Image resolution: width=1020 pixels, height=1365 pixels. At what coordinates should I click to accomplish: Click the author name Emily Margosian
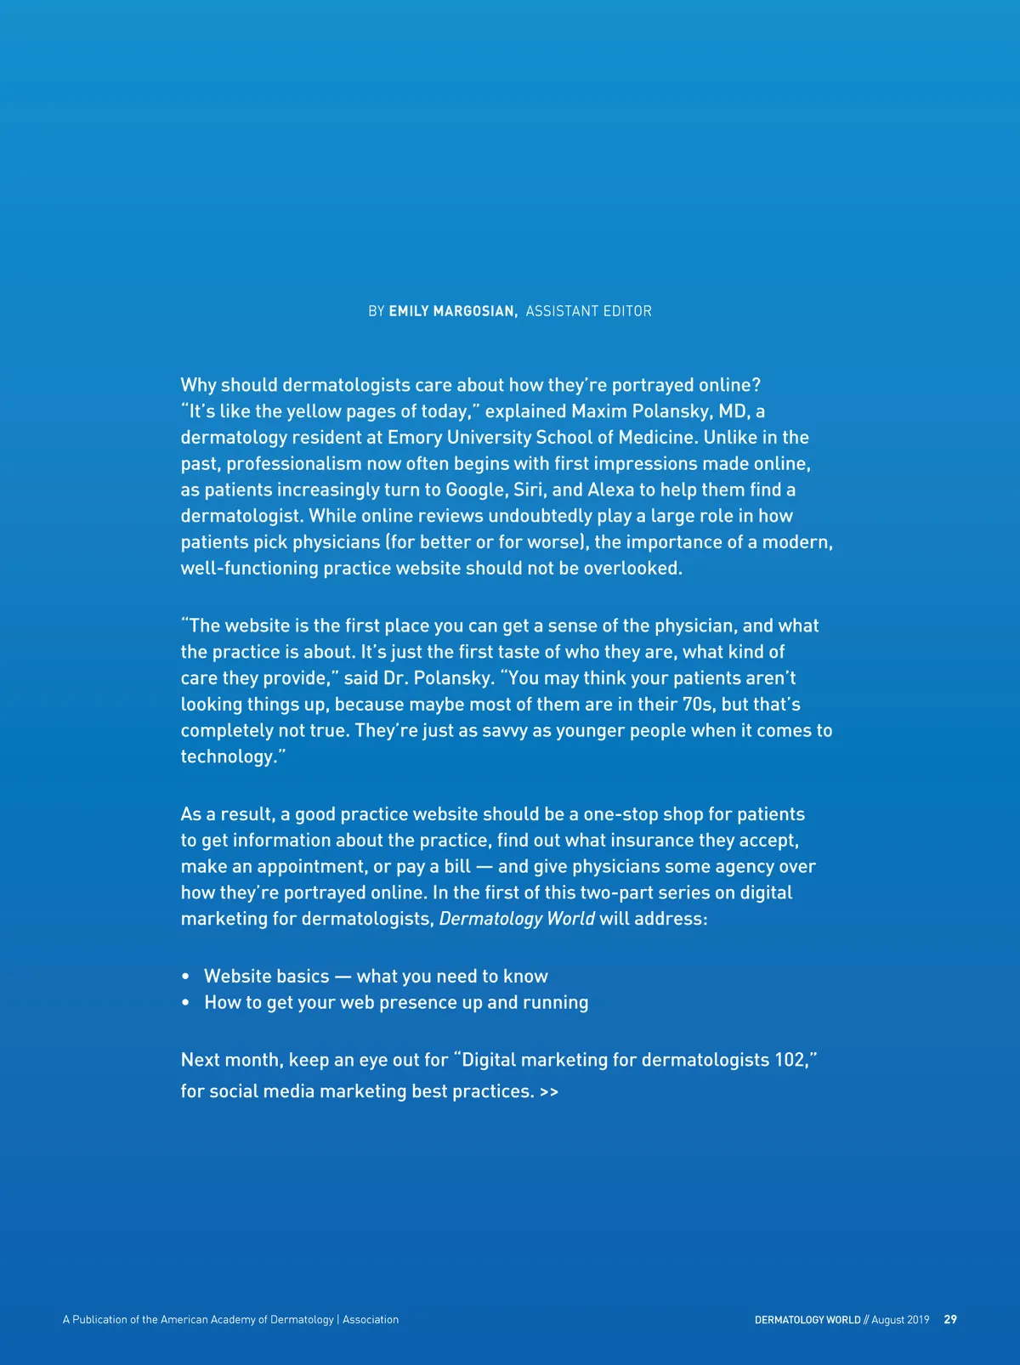(x=452, y=311)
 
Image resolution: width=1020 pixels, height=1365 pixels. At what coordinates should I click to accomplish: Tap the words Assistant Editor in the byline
(x=588, y=311)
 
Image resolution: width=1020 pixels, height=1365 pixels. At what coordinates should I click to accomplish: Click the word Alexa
(x=611, y=490)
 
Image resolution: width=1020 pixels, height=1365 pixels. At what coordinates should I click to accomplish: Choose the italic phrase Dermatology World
(x=517, y=919)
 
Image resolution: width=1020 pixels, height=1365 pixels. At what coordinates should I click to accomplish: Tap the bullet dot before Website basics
(x=185, y=977)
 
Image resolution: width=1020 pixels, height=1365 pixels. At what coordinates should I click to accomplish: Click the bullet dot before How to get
(x=185, y=1004)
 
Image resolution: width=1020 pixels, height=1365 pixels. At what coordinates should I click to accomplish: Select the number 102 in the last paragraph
(x=790, y=1060)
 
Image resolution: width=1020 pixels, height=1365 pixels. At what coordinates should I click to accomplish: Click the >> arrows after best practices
(x=548, y=1092)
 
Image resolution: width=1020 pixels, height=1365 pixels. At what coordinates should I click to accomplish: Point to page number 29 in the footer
(x=950, y=1320)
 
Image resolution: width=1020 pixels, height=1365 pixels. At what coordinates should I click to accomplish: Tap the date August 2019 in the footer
(x=900, y=1320)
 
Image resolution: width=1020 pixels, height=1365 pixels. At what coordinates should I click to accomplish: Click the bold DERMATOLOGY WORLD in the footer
(x=807, y=1320)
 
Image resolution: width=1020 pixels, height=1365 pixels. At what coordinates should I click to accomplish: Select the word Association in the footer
(x=371, y=1320)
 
